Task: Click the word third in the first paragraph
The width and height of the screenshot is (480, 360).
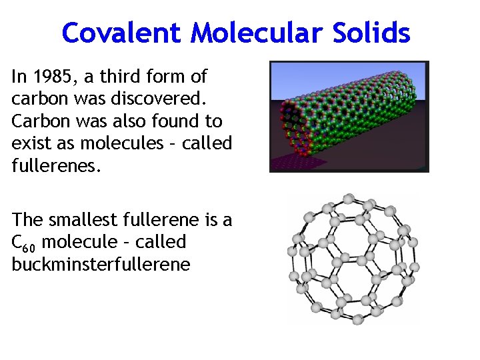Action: click(120, 77)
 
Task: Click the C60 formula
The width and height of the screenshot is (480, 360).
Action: click(24, 243)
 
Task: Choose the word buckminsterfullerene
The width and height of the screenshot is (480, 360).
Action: click(101, 264)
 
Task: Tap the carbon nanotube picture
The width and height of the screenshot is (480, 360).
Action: click(349, 116)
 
